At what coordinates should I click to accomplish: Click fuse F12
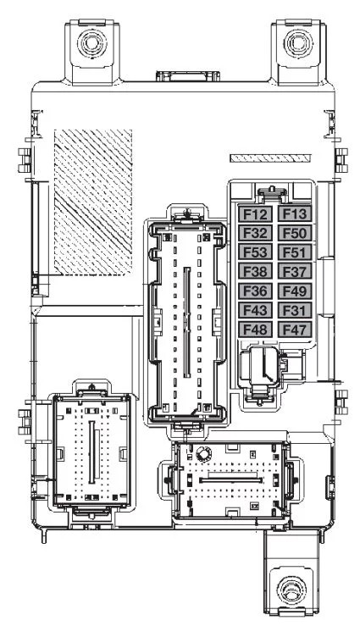tap(256, 214)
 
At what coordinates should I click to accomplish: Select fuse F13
tap(295, 214)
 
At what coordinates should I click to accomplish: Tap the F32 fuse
tap(256, 233)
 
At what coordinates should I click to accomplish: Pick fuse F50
tap(295, 233)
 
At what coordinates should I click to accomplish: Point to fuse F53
tap(256, 252)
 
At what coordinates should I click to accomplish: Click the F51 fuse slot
tap(295, 252)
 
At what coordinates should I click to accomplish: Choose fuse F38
tap(256, 271)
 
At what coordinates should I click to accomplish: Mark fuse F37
tap(295, 271)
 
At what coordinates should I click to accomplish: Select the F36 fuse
tap(256, 291)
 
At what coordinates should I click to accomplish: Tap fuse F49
tap(295, 291)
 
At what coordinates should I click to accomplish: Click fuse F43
tap(256, 310)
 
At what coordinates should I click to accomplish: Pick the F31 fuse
tap(295, 310)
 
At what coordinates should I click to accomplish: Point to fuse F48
tap(256, 330)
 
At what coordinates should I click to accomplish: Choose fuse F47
tap(295, 330)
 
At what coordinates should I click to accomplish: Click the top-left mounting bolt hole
tap(92, 42)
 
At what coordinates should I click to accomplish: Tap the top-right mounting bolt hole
tap(298, 42)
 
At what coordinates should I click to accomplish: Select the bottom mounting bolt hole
tap(291, 590)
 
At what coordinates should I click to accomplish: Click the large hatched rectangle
tap(93, 202)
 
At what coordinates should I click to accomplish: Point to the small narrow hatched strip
tap(270, 158)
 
